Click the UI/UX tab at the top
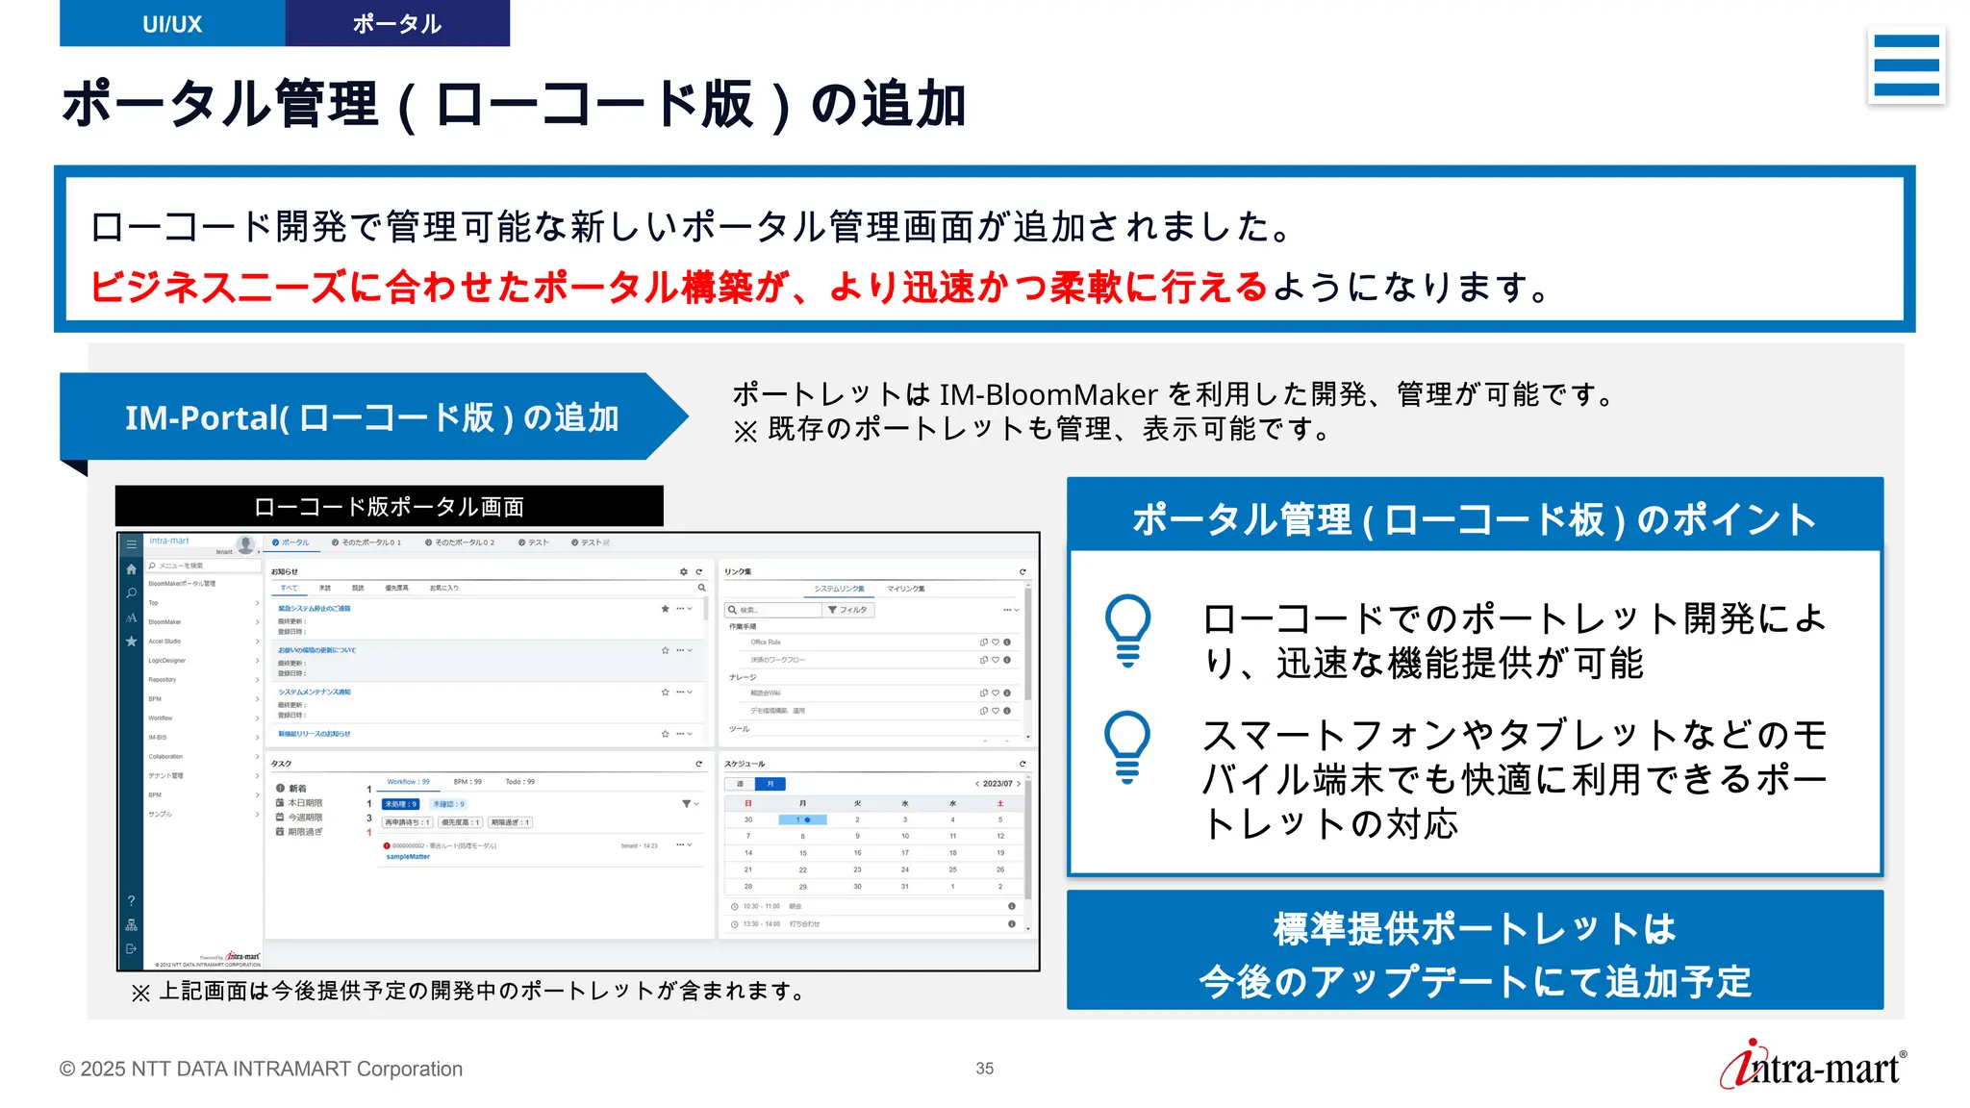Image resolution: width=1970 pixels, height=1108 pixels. tap(172, 24)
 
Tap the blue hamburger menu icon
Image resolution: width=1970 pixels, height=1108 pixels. tap(1907, 65)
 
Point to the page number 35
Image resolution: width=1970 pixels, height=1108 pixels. tap(984, 1069)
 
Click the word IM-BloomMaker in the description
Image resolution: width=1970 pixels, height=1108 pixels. tap(1048, 394)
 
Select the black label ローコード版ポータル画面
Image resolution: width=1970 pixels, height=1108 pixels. tap(389, 507)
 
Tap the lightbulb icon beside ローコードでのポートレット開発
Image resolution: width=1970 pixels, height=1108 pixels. tap(1127, 630)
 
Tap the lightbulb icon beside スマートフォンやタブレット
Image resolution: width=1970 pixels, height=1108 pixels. tap(1127, 746)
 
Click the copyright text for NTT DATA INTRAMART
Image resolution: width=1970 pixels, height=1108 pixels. tap(261, 1069)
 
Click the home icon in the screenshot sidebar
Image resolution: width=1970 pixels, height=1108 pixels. tap(132, 569)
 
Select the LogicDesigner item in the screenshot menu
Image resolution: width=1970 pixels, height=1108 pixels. tap(167, 661)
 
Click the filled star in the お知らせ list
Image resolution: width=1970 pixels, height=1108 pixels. tap(665, 609)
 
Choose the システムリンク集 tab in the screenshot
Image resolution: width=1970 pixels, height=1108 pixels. tap(839, 589)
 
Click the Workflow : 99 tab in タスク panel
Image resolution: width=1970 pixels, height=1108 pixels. tap(408, 782)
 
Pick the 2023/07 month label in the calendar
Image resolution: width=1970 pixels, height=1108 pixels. tap(998, 784)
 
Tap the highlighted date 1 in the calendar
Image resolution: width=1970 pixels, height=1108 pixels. tap(800, 819)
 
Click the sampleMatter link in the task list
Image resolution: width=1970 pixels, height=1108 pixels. tap(408, 857)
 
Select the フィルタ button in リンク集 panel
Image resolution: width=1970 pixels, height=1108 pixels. tap(847, 610)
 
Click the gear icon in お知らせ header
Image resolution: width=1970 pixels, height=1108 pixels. tap(684, 571)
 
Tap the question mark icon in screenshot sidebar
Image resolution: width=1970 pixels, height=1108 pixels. tap(132, 901)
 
